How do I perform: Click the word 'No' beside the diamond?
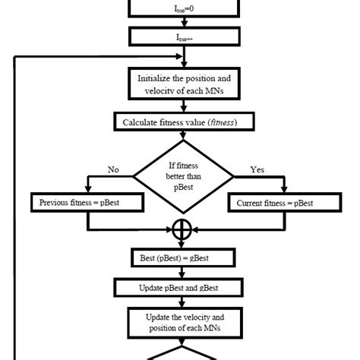point(114,171)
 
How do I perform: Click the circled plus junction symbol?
point(180,230)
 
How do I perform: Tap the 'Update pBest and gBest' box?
point(180,288)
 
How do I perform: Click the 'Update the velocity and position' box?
point(180,322)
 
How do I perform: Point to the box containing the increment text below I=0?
point(180,36)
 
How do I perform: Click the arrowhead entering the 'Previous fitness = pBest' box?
point(89,191)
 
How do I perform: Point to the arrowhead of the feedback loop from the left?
point(174,56)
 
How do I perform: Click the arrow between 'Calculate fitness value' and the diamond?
point(180,135)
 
